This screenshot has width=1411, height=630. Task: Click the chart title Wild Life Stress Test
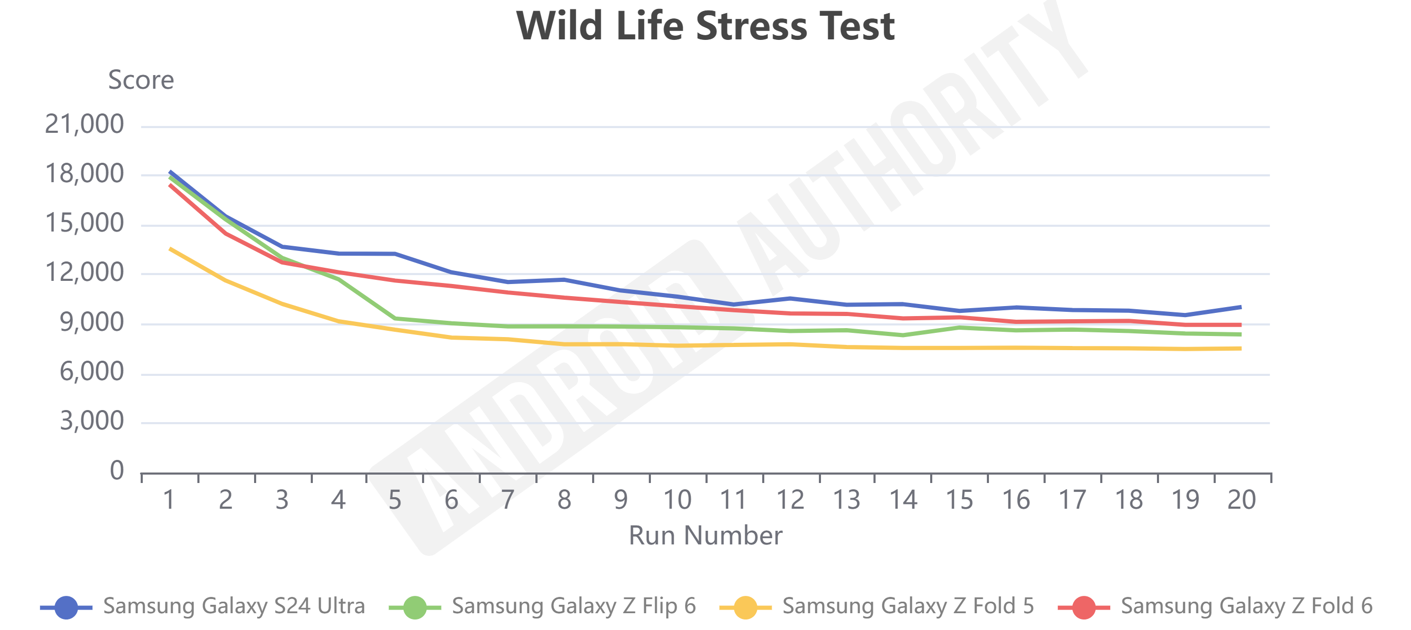click(x=705, y=26)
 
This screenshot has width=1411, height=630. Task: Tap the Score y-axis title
click(x=141, y=80)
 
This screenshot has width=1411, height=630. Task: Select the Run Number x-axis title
click(x=705, y=535)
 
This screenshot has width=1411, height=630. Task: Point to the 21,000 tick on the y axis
click(x=85, y=124)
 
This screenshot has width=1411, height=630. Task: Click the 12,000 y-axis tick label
click(x=85, y=272)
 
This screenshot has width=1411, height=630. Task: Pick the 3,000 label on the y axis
click(x=91, y=421)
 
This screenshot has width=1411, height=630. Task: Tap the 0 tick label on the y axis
click(x=117, y=470)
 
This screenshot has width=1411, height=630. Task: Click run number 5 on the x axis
click(x=394, y=500)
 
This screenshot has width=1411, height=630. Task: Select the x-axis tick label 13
click(x=846, y=500)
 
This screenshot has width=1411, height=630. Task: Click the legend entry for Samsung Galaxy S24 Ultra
click(x=234, y=606)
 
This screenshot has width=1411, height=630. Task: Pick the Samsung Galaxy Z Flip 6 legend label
click(x=574, y=606)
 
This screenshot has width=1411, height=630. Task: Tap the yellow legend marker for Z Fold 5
click(x=745, y=607)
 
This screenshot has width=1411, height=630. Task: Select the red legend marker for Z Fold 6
click(x=1083, y=607)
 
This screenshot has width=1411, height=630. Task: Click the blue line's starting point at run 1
click(x=170, y=172)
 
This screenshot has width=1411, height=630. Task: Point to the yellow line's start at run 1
click(x=170, y=249)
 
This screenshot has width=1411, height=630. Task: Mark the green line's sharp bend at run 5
click(x=395, y=318)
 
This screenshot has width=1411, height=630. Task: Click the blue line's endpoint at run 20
click(x=1240, y=307)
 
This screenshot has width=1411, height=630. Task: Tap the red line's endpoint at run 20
click(x=1240, y=325)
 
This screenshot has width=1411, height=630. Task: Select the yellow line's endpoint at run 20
click(x=1240, y=349)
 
